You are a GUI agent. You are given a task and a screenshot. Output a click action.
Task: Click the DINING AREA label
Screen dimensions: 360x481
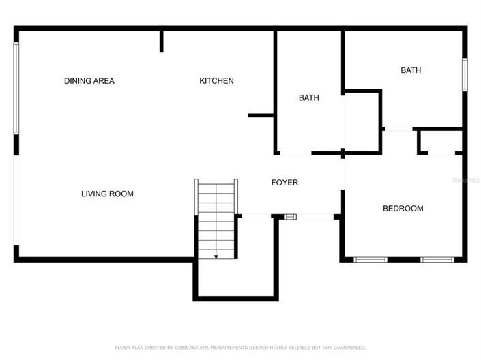[x=89, y=81]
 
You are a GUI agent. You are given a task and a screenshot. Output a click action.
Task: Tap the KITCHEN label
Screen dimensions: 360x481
[x=216, y=81]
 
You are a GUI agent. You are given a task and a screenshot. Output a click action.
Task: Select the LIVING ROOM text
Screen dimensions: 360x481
[x=107, y=194]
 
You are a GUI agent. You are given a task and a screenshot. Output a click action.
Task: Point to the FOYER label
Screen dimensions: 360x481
[x=285, y=183]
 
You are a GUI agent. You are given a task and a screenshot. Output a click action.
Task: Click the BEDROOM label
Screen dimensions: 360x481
[x=403, y=209]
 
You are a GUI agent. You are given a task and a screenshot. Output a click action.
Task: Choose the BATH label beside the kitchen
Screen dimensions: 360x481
[x=308, y=98]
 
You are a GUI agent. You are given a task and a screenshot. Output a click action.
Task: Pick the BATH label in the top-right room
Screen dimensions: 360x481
[x=411, y=70]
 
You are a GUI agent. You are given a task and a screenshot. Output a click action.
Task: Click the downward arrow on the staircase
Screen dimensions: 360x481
[x=216, y=256]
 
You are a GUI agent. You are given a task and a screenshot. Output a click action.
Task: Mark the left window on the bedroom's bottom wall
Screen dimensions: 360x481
[x=370, y=260]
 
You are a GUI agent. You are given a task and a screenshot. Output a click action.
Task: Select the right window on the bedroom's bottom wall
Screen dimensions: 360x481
[x=437, y=260]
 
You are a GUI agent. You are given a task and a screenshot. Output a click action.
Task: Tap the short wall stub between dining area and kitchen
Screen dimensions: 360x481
[x=162, y=41]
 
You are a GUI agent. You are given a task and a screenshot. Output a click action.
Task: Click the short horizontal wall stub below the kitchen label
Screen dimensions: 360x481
[x=261, y=115]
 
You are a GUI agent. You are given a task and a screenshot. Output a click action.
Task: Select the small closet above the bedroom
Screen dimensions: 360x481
[x=440, y=142]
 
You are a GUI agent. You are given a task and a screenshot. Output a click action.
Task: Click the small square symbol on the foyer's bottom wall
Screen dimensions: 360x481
[x=291, y=217]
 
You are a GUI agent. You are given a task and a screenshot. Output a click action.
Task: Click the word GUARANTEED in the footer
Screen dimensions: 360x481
[x=345, y=348]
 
